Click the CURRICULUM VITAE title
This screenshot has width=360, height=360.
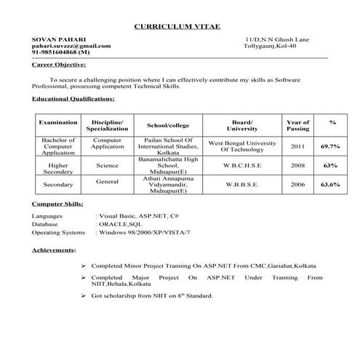[180, 27]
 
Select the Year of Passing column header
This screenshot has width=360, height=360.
[297, 125]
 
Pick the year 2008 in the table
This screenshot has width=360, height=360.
[297, 165]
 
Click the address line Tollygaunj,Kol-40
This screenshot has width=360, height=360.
[270, 46]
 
